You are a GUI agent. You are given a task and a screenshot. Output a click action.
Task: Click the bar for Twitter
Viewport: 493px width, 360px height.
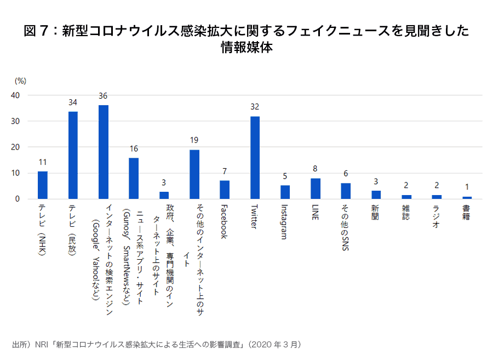tap(255, 158)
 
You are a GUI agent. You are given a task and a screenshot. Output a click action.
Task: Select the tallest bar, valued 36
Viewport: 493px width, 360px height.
tap(103, 152)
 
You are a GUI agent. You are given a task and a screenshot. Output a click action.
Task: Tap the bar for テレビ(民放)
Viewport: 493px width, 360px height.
tap(73, 155)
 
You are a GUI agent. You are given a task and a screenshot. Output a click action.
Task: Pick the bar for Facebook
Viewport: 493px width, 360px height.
tap(225, 190)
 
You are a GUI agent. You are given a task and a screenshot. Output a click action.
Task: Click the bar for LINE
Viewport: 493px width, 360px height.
tap(316, 188)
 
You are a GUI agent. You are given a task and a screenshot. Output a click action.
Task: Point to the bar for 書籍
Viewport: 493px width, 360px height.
tap(467, 197)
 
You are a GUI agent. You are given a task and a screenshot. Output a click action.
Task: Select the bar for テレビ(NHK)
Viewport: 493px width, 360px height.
tap(43, 185)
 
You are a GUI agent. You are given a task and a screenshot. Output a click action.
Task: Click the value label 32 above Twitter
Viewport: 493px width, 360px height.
tap(255, 107)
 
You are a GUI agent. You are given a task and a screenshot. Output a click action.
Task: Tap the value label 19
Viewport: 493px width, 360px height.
tap(194, 140)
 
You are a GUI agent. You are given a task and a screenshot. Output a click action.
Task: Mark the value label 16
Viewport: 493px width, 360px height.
tap(134, 148)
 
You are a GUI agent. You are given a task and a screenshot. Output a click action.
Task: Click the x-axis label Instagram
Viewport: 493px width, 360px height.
tap(284, 221)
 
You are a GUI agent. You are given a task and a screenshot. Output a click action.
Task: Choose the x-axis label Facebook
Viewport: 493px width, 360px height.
tap(224, 221)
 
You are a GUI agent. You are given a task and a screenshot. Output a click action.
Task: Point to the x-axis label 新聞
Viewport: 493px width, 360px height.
tap(376, 212)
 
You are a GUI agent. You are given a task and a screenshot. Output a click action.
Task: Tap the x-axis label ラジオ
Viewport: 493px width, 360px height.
tap(437, 215)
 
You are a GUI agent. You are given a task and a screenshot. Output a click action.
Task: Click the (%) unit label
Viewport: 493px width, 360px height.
tap(20, 81)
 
